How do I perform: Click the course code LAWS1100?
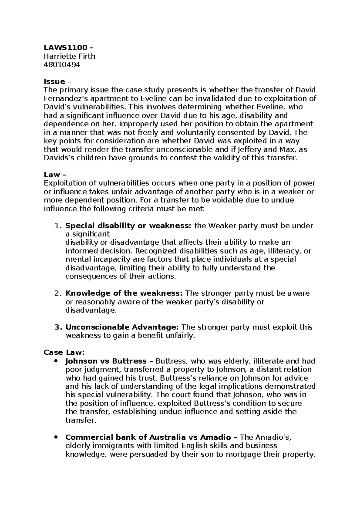tap(66, 47)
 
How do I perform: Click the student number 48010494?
tap(62, 65)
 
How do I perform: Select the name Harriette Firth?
tap(69, 56)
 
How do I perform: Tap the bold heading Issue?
tap(54, 82)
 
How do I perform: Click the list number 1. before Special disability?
tap(58, 226)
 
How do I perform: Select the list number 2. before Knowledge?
tap(58, 293)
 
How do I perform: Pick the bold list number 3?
tap(58, 327)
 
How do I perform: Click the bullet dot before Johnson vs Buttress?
tap(55, 361)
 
